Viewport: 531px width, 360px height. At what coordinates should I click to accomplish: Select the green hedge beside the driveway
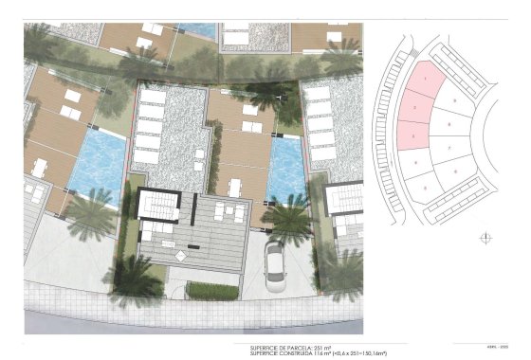tap(212, 291)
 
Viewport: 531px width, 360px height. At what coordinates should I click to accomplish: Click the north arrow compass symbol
tap(487, 237)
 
